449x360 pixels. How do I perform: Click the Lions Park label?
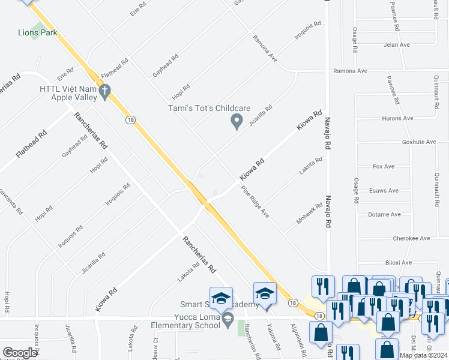(x=37, y=32)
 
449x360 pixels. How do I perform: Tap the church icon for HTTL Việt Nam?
(x=104, y=92)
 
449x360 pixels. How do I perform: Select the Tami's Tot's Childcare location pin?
(x=237, y=122)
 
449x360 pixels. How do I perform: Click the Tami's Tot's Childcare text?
(x=208, y=108)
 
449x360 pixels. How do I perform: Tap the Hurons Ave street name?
(x=397, y=118)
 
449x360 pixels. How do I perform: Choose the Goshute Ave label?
(x=419, y=142)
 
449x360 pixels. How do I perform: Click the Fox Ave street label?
(x=382, y=166)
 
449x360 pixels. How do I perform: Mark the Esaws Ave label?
(x=385, y=191)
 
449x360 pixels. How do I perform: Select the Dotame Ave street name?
(x=384, y=214)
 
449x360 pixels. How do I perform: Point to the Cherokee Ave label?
(x=412, y=238)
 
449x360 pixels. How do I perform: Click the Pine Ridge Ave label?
(x=256, y=203)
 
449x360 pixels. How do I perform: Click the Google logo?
(x=20, y=353)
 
